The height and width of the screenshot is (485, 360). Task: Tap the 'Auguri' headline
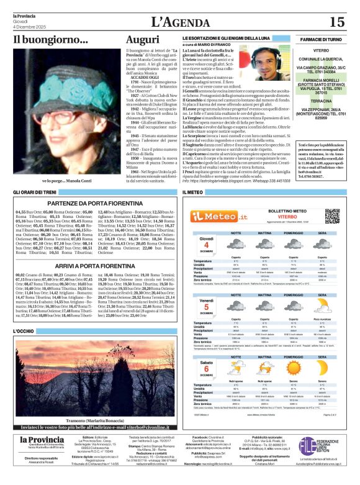142,40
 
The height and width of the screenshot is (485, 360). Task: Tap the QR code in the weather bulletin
334,216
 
